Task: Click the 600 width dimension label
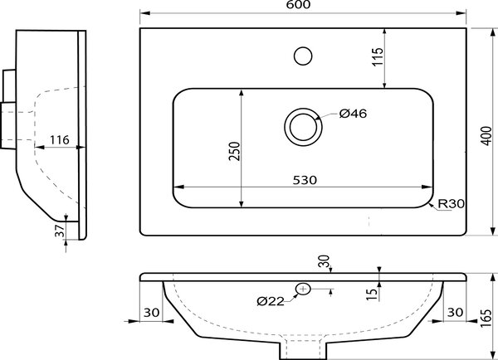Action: (298, 4)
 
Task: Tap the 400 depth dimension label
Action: (486, 136)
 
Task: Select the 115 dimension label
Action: (378, 57)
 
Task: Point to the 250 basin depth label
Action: (235, 151)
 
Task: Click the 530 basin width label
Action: (305, 180)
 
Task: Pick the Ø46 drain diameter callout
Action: (353, 114)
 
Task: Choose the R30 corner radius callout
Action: (452, 203)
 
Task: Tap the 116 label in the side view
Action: (60, 139)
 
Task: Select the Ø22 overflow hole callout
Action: (271, 301)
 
